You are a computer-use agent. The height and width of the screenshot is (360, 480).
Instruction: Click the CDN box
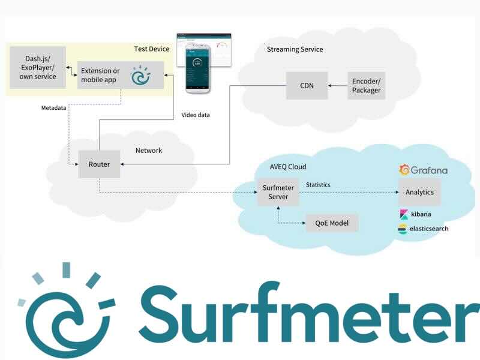click(x=306, y=85)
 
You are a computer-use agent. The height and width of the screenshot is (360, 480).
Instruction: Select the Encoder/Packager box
click(x=365, y=85)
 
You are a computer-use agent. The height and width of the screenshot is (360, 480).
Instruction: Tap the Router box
click(x=99, y=164)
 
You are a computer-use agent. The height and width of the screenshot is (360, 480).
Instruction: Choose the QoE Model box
click(x=332, y=223)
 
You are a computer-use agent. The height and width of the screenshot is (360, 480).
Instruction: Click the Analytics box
click(x=419, y=193)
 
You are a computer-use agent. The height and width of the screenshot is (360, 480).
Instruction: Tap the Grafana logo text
click(x=428, y=170)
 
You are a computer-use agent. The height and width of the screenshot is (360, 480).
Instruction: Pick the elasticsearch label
click(x=428, y=229)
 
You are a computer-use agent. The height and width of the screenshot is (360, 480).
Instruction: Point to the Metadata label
click(x=53, y=108)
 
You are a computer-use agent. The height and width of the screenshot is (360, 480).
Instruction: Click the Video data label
click(x=196, y=115)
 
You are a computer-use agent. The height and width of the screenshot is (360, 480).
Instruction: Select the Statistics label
click(x=318, y=185)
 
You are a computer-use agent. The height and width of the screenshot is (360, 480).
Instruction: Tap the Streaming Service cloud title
click(x=295, y=49)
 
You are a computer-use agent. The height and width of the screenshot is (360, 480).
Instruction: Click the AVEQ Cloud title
click(x=288, y=167)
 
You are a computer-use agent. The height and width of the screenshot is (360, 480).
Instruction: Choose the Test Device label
click(x=151, y=49)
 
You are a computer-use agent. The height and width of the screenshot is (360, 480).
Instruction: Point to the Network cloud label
click(x=148, y=151)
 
